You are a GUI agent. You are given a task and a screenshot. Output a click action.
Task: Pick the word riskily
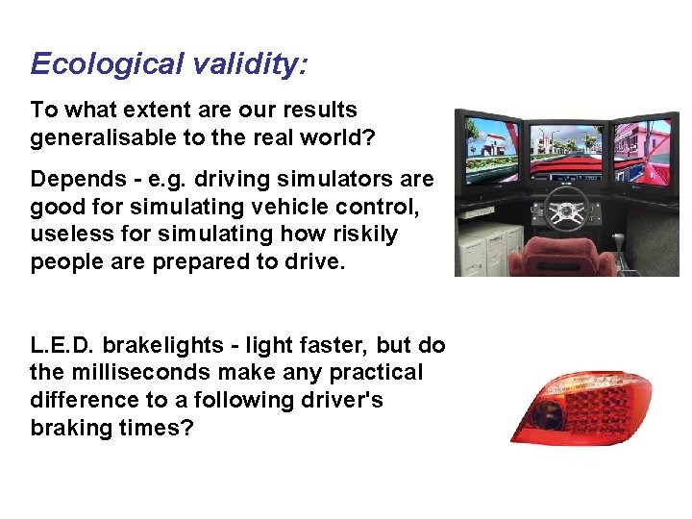(364, 235)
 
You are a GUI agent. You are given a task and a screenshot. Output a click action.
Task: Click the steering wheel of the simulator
(567, 206)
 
